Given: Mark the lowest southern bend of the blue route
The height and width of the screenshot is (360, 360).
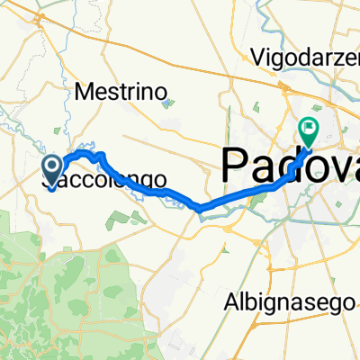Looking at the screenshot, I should (x=203, y=210).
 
